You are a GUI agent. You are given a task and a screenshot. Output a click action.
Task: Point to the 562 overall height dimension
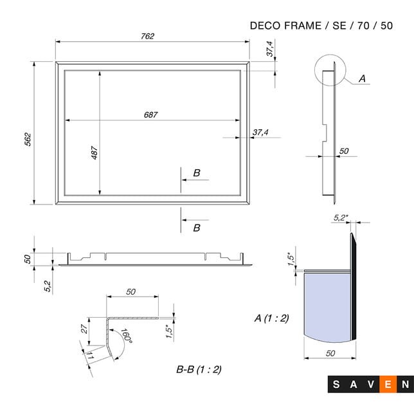(x=28, y=140)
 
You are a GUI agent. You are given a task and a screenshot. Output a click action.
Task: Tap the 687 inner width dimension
(x=150, y=115)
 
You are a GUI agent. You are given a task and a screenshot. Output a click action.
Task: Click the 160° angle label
(x=125, y=338)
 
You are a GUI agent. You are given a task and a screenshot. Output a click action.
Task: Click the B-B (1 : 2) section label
(x=199, y=369)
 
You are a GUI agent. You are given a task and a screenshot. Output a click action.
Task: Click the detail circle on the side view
(x=330, y=69)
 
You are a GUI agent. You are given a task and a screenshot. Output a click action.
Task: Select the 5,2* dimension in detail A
(x=341, y=218)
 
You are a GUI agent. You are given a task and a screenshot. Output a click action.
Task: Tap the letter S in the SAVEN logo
(x=337, y=385)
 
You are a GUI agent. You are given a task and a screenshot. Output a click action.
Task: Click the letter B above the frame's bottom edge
(x=197, y=172)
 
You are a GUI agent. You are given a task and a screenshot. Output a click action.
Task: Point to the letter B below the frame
(x=197, y=228)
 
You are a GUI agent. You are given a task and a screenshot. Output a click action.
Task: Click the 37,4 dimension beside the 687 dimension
(x=260, y=133)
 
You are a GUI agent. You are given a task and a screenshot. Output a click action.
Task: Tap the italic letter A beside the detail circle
(x=361, y=78)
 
